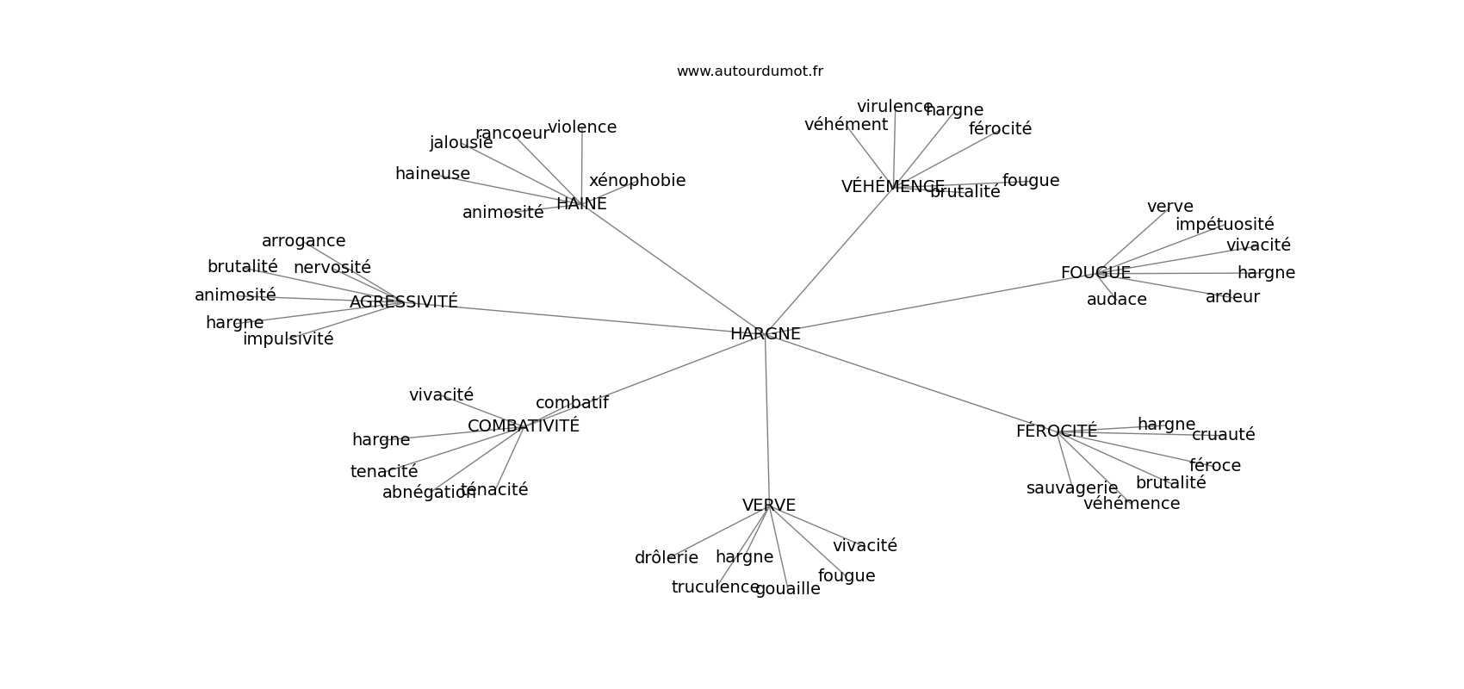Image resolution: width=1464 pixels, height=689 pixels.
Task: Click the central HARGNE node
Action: (x=765, y=334)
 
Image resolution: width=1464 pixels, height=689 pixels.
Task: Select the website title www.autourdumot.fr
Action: (x=749, y=71)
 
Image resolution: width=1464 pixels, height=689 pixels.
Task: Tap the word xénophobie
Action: (x=637, y=181)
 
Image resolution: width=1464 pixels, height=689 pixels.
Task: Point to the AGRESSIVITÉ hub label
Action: (x=403, y=302)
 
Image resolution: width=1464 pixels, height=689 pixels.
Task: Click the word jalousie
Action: (x=461, y=143)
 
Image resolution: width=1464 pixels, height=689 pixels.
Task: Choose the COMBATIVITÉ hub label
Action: (x=523, y=426)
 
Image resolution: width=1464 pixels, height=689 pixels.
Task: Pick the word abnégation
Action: (x=428, y=493)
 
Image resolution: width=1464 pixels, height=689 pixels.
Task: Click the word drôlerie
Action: (x=666, y=558)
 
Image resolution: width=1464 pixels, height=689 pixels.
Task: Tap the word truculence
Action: (x=715, y=587)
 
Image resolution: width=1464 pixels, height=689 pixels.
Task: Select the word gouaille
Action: (x=787, y=589)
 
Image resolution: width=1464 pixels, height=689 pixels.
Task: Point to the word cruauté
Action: (x=1223, y=435)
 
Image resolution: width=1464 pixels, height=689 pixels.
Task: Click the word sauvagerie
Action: (x=1071, y=488)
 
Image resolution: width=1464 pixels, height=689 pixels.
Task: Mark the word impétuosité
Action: (x=1224, y=225)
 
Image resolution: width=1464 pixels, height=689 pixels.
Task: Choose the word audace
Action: (x=1116, y=300)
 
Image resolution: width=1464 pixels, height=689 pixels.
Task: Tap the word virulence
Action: (x=894, y=107)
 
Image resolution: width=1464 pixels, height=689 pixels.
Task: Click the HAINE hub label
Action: (x=581, y=204)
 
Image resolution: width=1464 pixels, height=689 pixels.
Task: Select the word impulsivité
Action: (x=288, y=339)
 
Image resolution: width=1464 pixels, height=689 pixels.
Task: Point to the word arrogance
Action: (x=303, y=241)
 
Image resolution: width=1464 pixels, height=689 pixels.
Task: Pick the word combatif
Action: (x=572, y=403)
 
